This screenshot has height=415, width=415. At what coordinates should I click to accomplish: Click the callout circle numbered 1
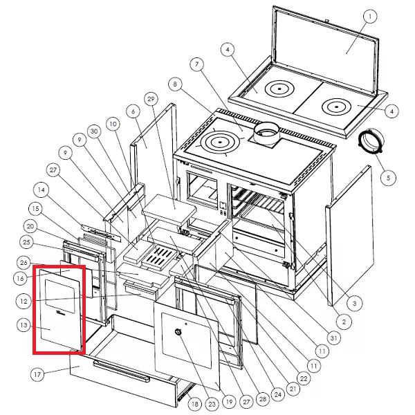point(370,17)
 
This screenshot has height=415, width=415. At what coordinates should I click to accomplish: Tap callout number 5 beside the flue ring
point(388,177)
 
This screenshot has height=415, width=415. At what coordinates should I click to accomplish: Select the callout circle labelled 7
point(197,64)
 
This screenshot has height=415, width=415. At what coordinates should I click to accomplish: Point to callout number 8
point(175,84)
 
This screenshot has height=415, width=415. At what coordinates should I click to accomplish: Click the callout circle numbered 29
point(151,99)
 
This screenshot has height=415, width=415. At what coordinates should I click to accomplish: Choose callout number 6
point(133,111)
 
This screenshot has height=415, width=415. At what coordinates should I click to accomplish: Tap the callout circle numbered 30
point(95,131)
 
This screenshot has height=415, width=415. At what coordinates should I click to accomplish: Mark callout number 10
point(113,124)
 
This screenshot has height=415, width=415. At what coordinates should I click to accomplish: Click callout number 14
point(41,190)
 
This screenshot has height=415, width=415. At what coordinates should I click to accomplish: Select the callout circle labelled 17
point(37,374)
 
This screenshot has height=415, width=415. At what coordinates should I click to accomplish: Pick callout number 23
point(212,404)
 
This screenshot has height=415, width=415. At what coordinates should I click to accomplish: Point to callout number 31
point(333,338)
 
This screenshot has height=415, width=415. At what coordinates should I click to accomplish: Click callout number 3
point(355,304)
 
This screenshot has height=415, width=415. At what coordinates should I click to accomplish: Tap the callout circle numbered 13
point(24,325)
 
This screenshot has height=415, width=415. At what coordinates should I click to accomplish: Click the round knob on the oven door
point(178,332)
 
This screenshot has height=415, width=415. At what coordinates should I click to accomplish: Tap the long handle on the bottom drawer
point(121,371)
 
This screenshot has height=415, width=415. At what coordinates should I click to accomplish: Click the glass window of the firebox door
point(60,296)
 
